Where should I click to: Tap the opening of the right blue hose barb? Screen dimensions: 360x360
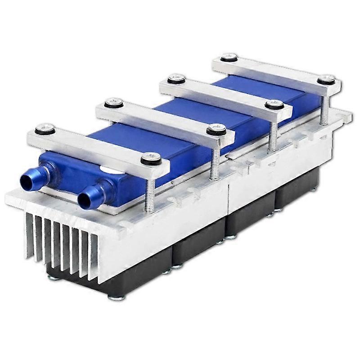point(84,198)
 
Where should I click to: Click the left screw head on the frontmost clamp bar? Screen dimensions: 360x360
point(45,130)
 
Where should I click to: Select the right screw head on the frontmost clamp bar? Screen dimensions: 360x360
point(151,158)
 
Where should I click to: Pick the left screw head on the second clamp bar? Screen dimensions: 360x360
point(113,103)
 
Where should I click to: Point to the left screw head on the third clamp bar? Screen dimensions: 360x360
point(176,79)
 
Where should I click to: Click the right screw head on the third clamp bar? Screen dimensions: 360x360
point(274,104)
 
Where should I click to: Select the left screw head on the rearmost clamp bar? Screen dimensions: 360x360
point(229,57)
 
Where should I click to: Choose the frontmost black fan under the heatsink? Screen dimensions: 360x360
point(135,274)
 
